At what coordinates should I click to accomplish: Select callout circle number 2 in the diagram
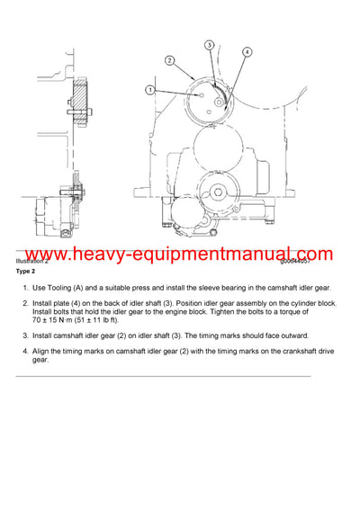click(168, 60)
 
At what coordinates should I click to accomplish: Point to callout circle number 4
click(247, 52)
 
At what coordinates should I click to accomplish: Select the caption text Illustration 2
click(34, 260)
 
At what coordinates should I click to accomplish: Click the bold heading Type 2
click(25, 271)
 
